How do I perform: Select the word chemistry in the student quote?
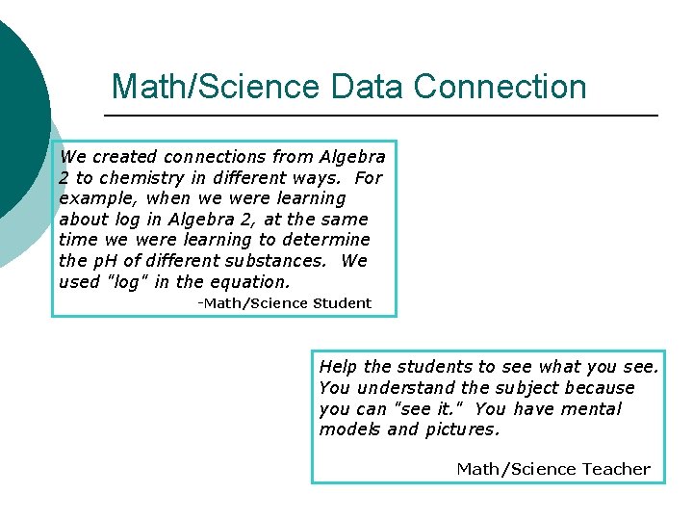[141, 177]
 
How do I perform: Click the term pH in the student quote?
[105, 260]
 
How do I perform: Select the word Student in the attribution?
[342, 302]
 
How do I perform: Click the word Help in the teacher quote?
[338, 366]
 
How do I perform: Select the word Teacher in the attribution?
[614, 469]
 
